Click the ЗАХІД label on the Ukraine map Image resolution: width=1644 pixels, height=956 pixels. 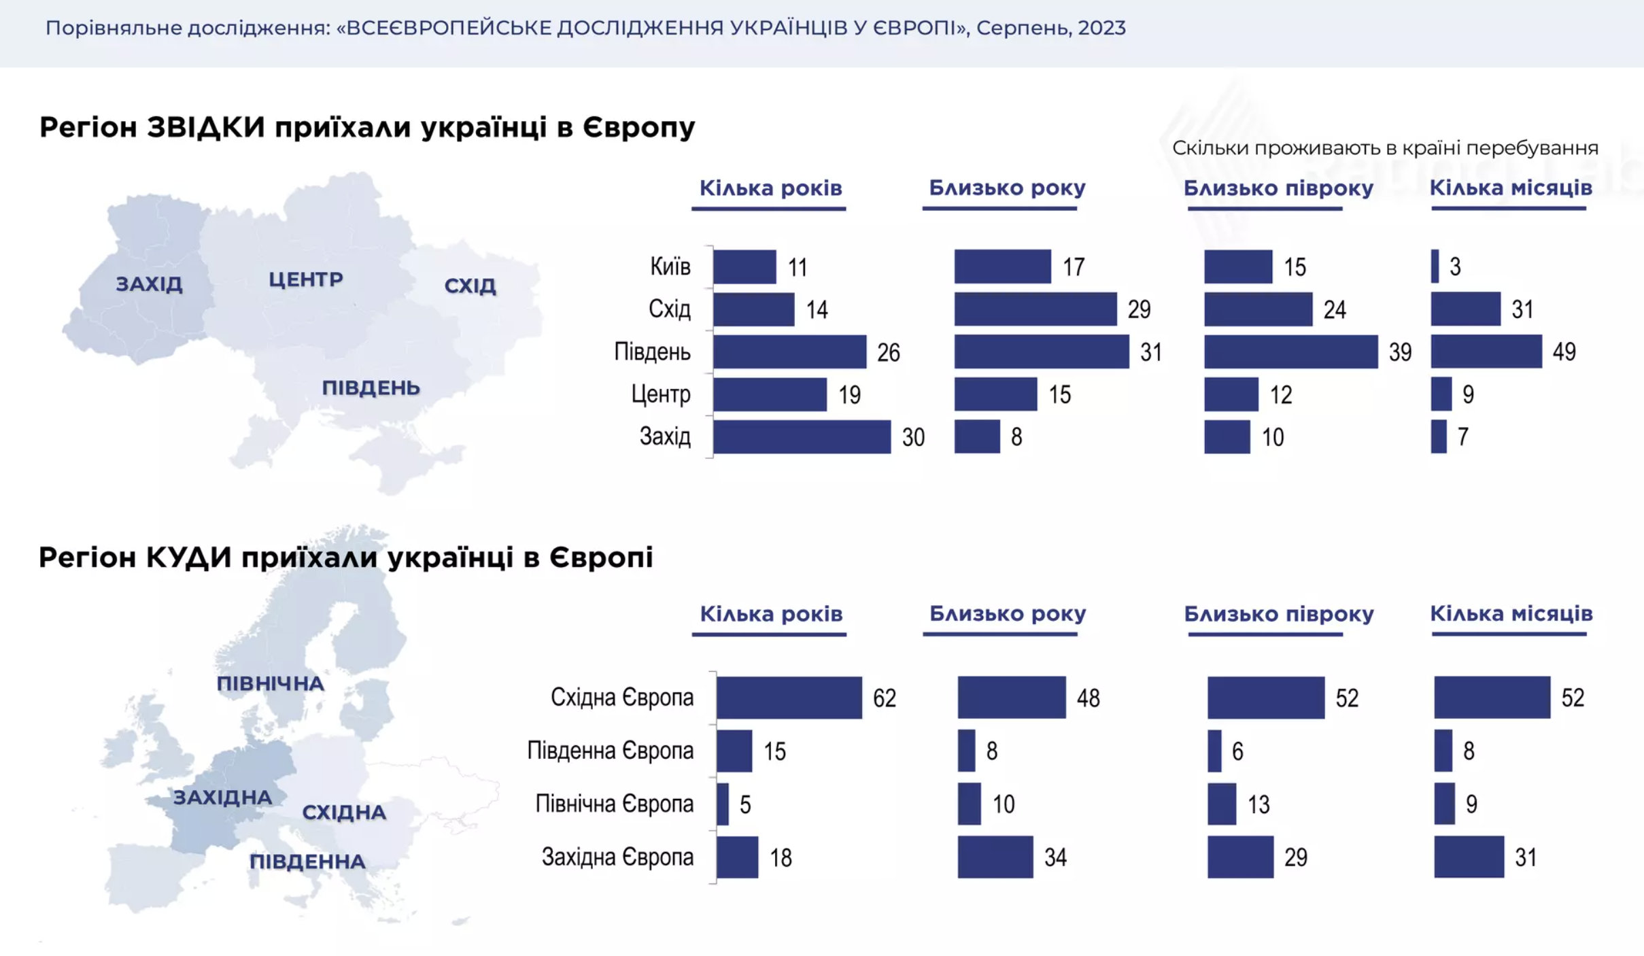click(149, 284)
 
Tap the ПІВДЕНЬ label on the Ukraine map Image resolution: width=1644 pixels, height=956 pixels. click(371, 388)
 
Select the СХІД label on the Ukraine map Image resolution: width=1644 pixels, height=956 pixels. click(470, 286)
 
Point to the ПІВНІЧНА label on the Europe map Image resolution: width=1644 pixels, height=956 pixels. click(270, 683)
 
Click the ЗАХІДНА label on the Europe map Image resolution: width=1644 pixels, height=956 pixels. click(222, 797)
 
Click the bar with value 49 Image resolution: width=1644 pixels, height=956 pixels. click(1486, 352)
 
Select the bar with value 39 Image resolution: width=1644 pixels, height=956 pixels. click(1290, 352)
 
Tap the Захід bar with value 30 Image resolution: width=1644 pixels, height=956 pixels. click(801, 437)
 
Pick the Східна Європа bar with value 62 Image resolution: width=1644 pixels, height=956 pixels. click(789, 697)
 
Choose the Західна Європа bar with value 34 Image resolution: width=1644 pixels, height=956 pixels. click(995, 857)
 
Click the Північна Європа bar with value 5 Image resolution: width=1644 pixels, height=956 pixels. click(723, 804)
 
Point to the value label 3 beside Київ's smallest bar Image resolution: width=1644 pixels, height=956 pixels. click(1455, 267)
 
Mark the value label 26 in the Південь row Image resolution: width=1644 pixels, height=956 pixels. click(888, 352)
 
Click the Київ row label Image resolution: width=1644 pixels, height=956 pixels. click(670, 267)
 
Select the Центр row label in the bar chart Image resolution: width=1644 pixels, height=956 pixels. click(660, 394)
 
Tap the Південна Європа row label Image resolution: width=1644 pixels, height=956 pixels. click(610, 751)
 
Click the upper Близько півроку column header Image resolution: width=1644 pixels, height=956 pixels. click(1278, 188)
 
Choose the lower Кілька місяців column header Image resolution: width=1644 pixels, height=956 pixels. click(1511, 613)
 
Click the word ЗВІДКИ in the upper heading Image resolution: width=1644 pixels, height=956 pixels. click(205, 127)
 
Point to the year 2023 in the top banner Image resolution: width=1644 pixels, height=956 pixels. click(1101, 28)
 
